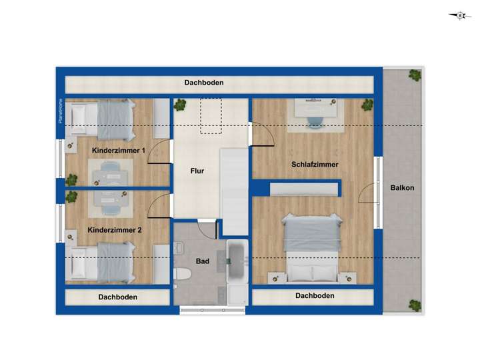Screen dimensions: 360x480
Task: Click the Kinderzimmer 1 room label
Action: coord(119,151)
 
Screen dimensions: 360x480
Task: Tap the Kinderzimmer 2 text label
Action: coord(115,230)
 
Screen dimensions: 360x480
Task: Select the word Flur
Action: coord(197,171)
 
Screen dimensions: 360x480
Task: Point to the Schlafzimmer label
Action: coord(314,164)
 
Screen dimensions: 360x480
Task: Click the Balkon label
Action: coord(402,188)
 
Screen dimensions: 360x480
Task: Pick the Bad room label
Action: coord(203,261)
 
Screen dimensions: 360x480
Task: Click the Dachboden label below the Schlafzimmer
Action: coord(315,295)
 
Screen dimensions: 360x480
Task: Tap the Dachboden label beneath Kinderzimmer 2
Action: coord(117,297)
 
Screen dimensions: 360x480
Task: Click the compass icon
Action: coord(460,15)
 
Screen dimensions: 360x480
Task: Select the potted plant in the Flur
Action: coord(180,105)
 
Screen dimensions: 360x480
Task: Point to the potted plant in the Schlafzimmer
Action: coord(366,105)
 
